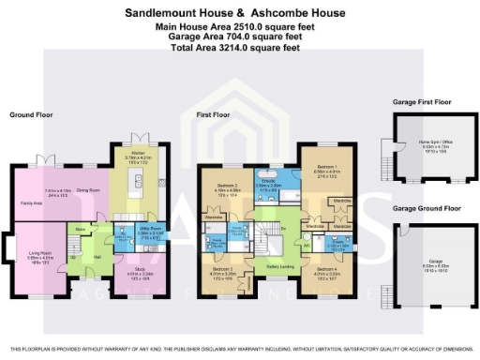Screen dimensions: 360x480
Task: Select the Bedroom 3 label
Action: (x=228, y=269)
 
